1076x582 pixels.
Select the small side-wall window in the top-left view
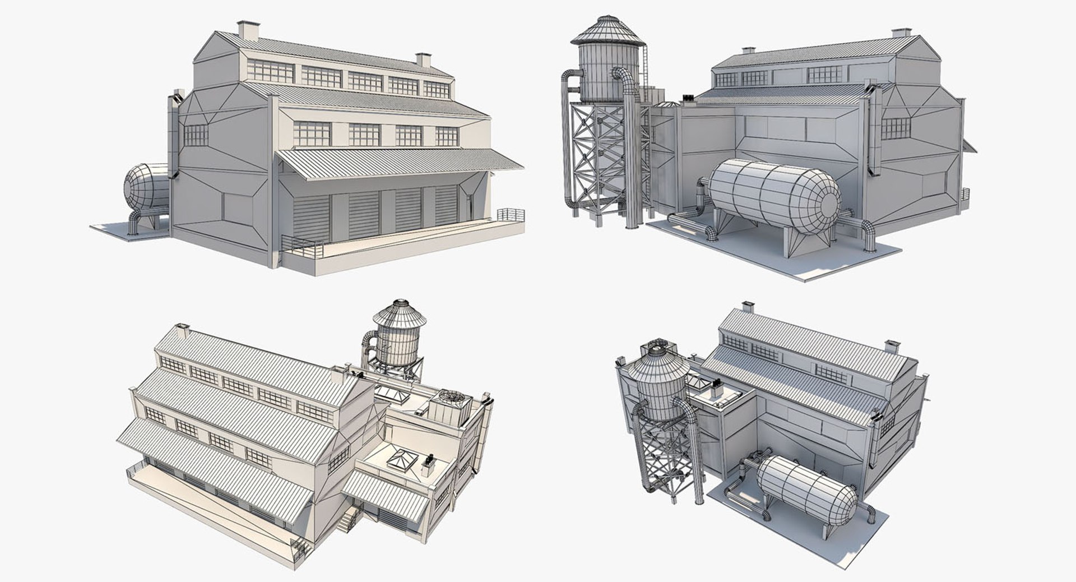[x=196, y=135]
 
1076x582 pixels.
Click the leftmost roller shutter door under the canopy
[x=312, y=218]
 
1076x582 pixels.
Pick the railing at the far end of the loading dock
[x=511, y=214]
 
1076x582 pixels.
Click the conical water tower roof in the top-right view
[x=607, y=31]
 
